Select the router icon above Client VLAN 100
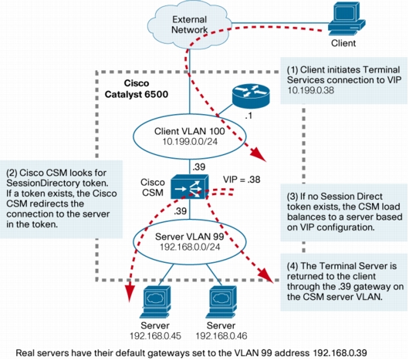(x=251, y=96)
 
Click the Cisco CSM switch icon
(x=190, y=187)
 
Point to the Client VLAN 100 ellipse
(x=190, y=136)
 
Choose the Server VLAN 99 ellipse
(x=190, y=241)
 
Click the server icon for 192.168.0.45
(x=155, y=302)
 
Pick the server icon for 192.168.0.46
(x=221, y=302)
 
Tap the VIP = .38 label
(x=242, y=180)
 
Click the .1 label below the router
(x=248, y=116)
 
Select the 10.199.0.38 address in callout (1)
(x=311, y=90)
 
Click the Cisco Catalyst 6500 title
(x=137, y=89)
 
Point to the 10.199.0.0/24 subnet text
(x=190, y=142)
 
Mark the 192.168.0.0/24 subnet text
(x=190, y=247)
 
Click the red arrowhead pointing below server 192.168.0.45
(x=130, y=294)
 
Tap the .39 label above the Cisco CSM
(x=199, y=167)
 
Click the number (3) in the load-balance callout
(x=292, y=197)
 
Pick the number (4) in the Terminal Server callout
(x=292, y=266)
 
